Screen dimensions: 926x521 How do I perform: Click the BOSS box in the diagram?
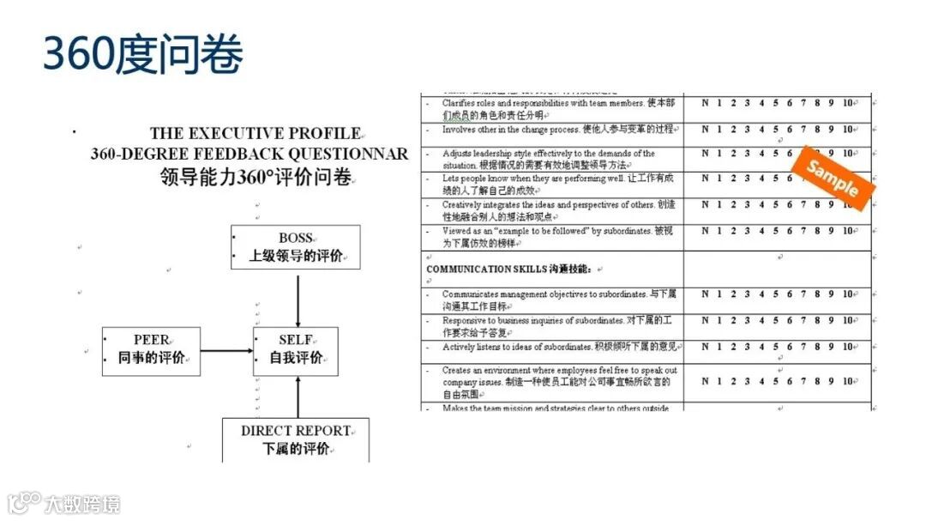(295, 246)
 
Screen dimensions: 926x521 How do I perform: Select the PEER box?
(152, 350)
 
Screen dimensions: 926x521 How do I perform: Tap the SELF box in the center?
(295, 350)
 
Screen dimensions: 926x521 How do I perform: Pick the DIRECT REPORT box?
(296, 439)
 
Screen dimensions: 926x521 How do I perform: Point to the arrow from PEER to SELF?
(226, 351)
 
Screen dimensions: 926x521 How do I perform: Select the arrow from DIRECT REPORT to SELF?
(298, 397)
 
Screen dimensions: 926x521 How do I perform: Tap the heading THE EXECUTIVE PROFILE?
(256, 134)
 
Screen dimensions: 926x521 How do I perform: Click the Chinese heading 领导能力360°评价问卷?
(256, 178)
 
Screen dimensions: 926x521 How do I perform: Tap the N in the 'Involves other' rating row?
(705, 130)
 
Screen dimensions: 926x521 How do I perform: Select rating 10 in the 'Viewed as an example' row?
(847, 231)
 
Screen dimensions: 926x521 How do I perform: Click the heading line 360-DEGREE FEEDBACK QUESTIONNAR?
(250, 154)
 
